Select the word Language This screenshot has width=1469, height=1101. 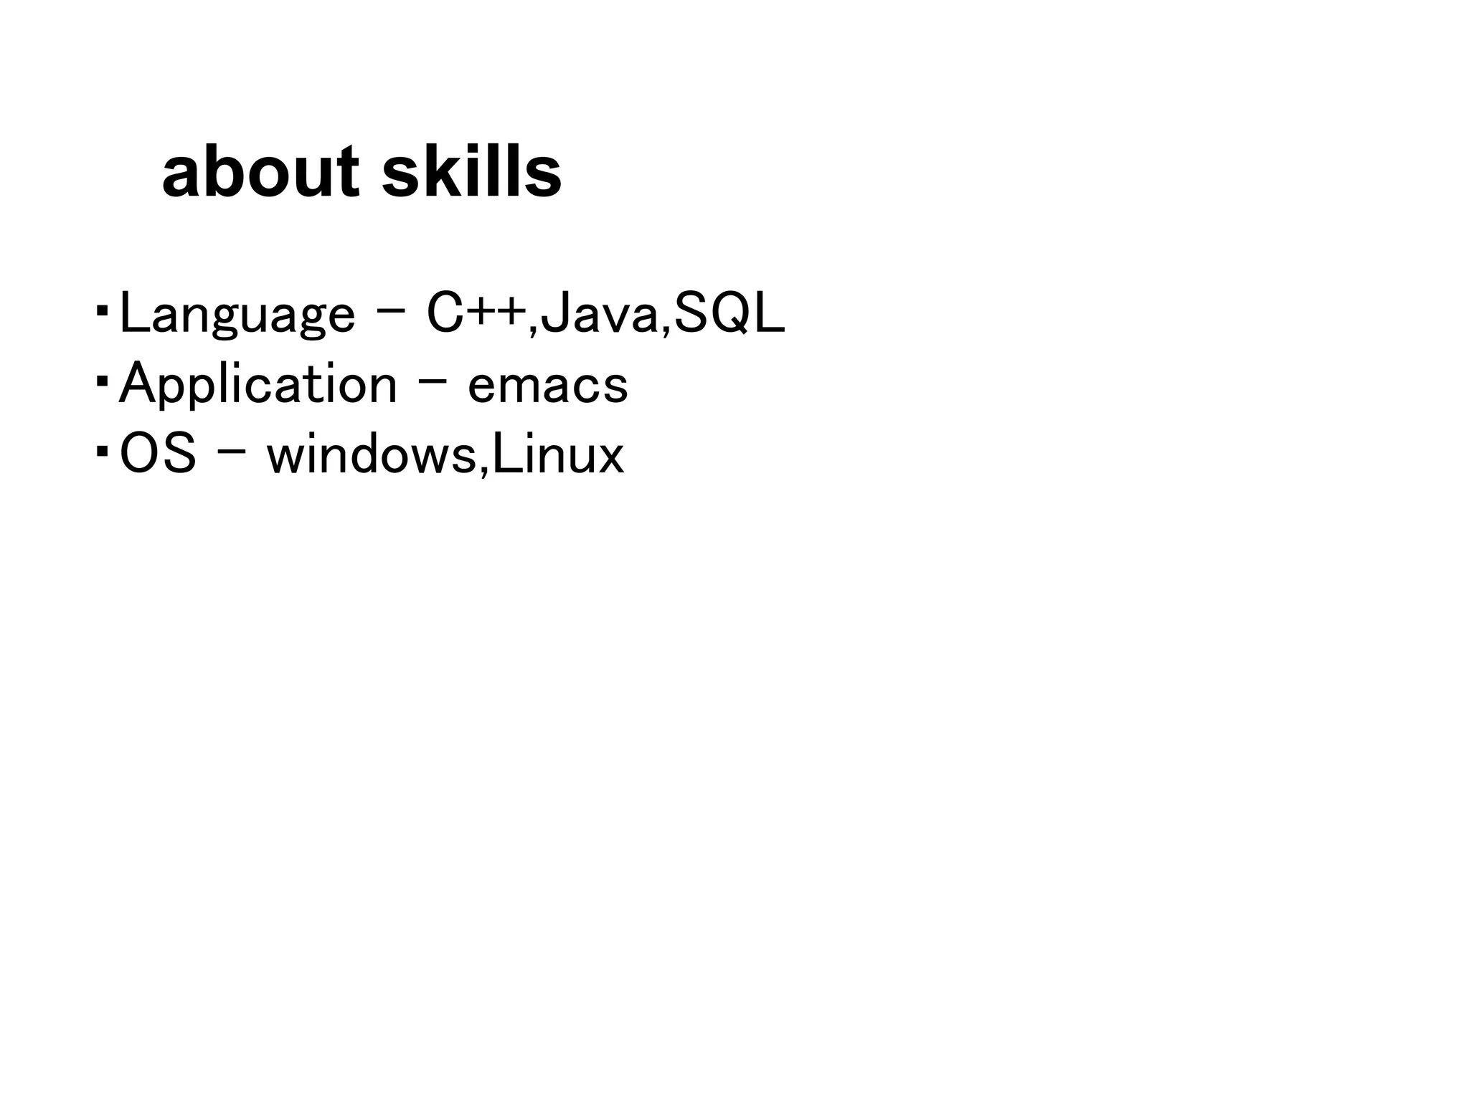pos(237,314)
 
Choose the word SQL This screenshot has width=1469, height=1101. pos(729,314)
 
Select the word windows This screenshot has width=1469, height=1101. pos(372,454)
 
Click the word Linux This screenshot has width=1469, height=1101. pos(558,454)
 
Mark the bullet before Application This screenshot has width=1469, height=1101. pos(102,381)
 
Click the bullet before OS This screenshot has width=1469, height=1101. pos(102,452)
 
